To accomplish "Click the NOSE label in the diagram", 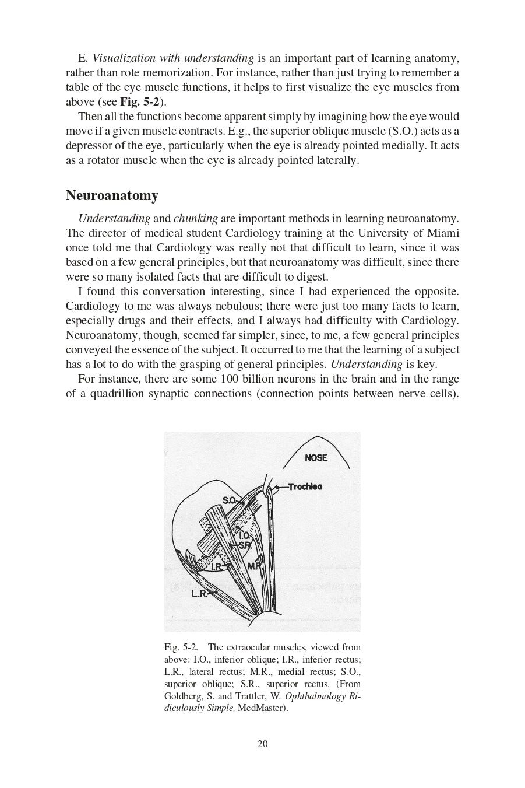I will (x=316, y=458).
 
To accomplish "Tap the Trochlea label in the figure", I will (x=305, y=486).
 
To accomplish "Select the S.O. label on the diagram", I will (x=229, y=500).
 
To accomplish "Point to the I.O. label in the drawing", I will (x=244, y=535).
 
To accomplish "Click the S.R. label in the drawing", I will (x=245, y=545).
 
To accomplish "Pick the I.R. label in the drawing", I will (x=216, y=566).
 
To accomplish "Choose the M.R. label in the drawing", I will (x=255, y=566).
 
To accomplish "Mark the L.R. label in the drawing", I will (x=199, y=594).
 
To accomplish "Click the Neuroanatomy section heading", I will (x=112, y=195).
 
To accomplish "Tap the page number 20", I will (x=262, y=744).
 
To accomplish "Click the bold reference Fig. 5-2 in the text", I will (x=140, y=102).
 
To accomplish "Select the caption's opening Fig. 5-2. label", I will (x=181, y=647).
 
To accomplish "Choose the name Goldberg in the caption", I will (x=182, y=696).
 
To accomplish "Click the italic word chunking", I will (x=196, y=219).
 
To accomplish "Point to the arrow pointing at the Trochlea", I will (x=281, y=487).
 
